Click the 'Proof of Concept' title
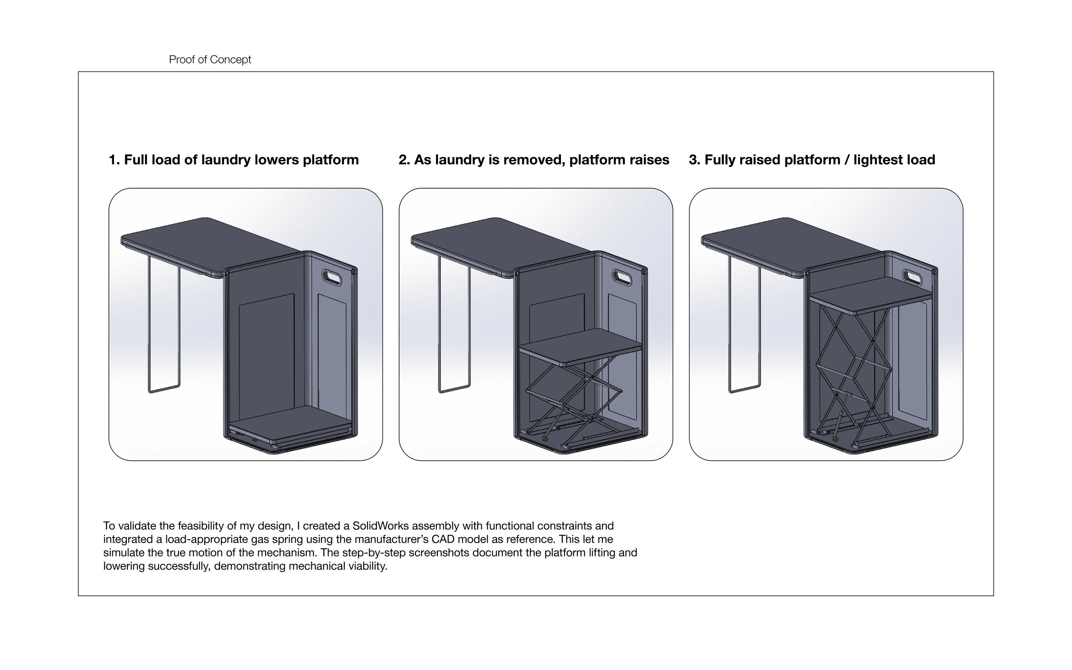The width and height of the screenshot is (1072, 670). click(210, 60)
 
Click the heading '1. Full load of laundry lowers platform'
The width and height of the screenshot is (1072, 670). click(234, 159)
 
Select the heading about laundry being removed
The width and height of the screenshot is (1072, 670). click(533, 159)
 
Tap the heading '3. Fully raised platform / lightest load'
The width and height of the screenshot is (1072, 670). click(811, 159)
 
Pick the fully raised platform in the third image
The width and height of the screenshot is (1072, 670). click(871, 294)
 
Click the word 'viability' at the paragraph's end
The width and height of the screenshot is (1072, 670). click(367, 566)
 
